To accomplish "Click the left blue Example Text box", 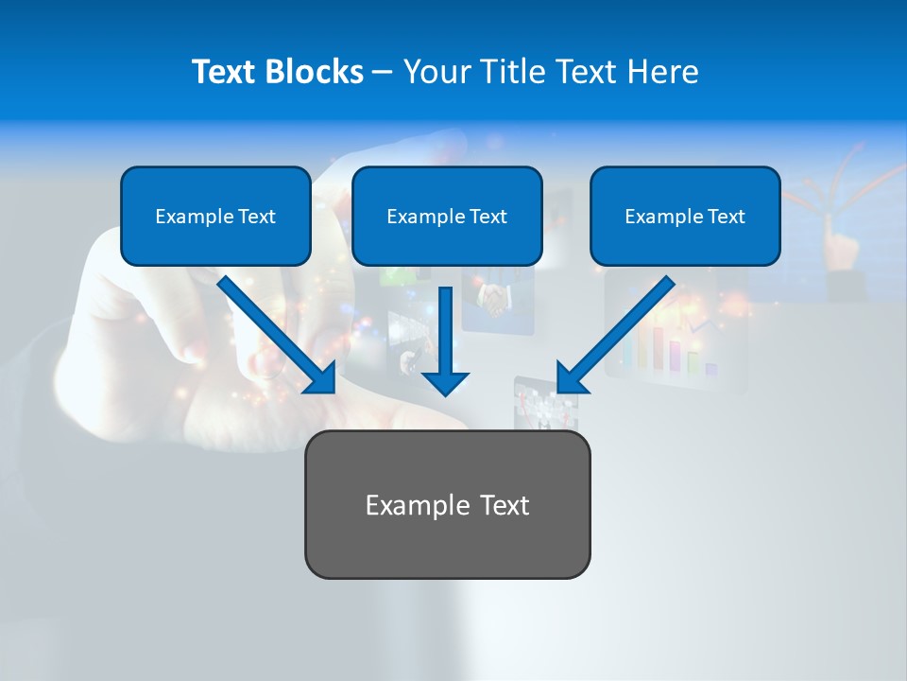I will [x=215, y=217].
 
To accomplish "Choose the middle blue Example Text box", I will [x=447, y=217].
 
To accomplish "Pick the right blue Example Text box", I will [x=685, y=217].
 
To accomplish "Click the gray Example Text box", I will [x=447, y=504].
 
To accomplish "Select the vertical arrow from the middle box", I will [x=446, y=331].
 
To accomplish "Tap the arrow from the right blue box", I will [x=619, y=331].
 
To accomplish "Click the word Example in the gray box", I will [x=404, y=505].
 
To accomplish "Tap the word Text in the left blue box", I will [x=257, y=217].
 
